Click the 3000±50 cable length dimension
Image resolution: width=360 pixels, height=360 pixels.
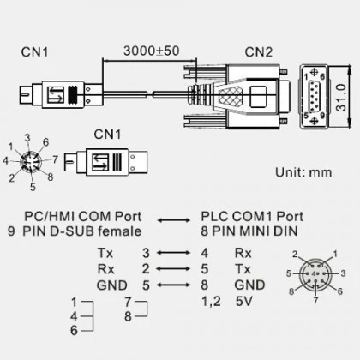tap(152, 51)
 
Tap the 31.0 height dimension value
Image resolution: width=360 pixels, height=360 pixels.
tap(341, 98)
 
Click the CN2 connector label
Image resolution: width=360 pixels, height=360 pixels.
tap(259, 52)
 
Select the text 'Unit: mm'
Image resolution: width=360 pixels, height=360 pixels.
tap(303, 172)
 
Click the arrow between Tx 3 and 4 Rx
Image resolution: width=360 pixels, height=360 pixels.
tap(174, 253)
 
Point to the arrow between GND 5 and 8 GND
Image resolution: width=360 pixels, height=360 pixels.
tap(174, 285)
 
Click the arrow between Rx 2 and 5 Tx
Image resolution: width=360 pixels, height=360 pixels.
tap(174, 269)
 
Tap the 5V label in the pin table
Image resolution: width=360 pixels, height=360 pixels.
tap(244, 301)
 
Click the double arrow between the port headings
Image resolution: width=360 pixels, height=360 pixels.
tap(174, 220)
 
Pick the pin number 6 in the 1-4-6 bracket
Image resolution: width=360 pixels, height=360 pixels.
tap(74, 331)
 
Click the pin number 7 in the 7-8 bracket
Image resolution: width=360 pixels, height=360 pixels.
tap(128, 301)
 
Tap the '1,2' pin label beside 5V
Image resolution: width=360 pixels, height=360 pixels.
tap(211, 301)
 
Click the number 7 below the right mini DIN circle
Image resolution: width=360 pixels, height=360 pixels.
tap(315, 301)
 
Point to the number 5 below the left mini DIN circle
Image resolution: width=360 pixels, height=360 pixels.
tap(33, 187)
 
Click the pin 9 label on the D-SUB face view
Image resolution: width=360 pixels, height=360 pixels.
tap(322, 116)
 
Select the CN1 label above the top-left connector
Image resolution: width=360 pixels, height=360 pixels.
tap(34, 52)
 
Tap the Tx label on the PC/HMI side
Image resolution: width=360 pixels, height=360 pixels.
tap(105, 253)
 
